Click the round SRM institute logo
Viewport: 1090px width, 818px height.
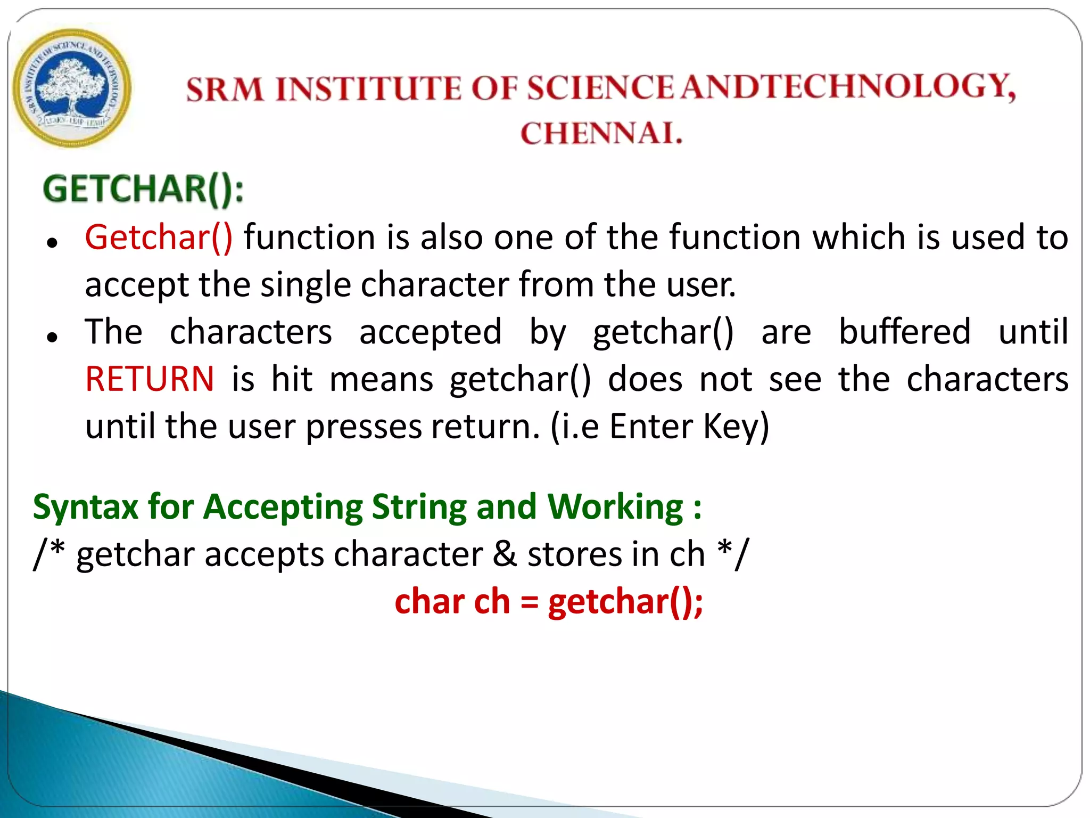(x=72, y=88)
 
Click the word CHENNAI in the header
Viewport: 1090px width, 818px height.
(x=601, y=133)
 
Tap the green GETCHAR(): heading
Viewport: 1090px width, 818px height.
(x=143, y=190)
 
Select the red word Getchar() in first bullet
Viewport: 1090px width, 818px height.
(x=159, y=238)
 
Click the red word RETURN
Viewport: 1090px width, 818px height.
(x=150, y=379)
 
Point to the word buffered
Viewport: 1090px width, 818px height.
(x=905, y=332)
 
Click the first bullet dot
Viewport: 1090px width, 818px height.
(x=52, y=243)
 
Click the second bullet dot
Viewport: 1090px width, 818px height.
(x=52, y=337)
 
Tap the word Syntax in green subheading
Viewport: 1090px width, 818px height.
(x=85, y=507)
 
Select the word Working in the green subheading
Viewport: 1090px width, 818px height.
(x=615, y=507)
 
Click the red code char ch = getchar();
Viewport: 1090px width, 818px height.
(x=549, y=602)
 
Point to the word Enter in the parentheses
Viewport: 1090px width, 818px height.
(x=651, y=427)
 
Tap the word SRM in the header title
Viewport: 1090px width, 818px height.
(x=225, y=89)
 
